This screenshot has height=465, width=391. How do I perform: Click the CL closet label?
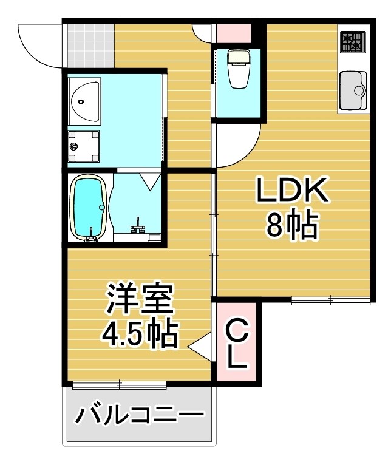(237, 344)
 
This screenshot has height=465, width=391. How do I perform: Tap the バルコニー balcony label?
(139, 416)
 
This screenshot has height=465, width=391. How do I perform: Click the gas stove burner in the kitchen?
(353, 41)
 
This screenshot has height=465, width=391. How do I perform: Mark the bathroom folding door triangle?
(149, 180)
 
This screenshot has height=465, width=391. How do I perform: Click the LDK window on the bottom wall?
(330, 299)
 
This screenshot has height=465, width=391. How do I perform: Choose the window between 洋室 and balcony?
(120, 384)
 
